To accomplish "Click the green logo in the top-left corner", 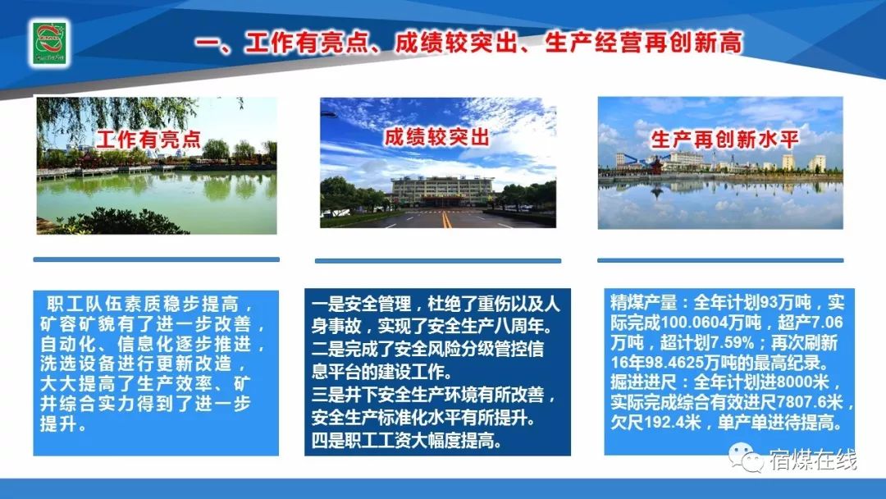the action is (x=50, y=43).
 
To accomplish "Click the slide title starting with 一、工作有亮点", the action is (x=468, y=43).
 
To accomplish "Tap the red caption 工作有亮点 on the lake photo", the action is (x=148, y=140).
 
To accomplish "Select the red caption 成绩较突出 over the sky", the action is (x=436, y=137).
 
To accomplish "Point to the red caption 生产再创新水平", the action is (x=725, y=140).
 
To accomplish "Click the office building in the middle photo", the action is (x=442, y=191).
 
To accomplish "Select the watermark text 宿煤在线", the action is (x=812, y=460).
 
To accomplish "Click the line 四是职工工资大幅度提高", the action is (x=407, y=441).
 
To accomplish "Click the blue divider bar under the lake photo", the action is (x=157, y=259).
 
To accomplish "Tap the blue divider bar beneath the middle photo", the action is (x=438, y=261).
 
